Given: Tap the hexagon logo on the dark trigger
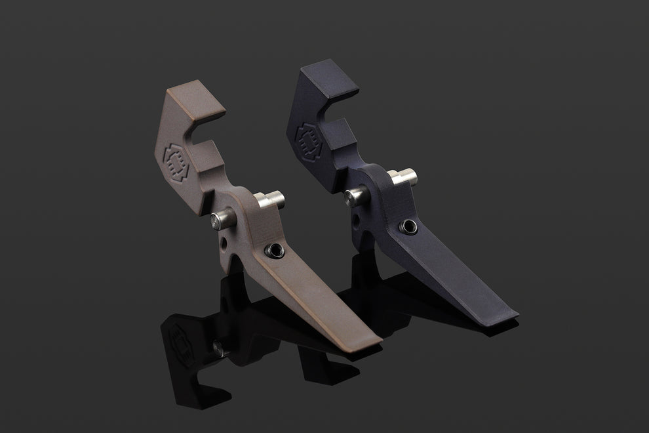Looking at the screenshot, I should pos(309,138).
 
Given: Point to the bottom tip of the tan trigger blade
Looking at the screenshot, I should pos(374,340).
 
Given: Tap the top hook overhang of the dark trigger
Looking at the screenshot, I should pos(338,83).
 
